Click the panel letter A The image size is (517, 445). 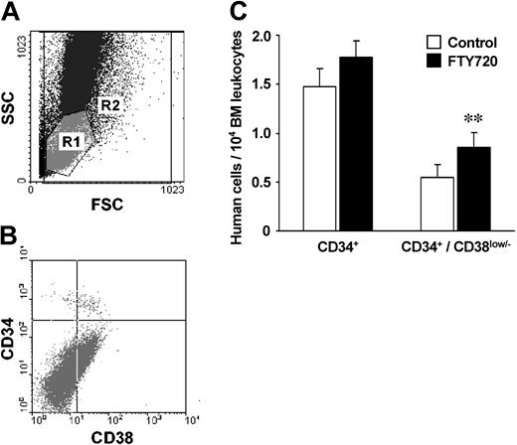(13, 14)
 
